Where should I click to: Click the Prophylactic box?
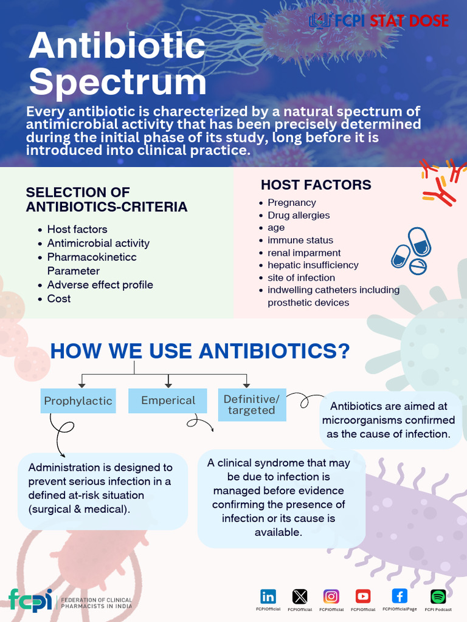click(78, 401)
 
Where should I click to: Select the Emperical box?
click(168, 400)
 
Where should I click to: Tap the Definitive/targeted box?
click(251, 405)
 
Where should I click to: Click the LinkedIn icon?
click(268, 596)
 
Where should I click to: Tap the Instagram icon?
click(331, 596)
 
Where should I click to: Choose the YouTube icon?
click(363, 596)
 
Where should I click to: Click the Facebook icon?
click(400, 596)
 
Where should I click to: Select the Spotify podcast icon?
click(438, 596)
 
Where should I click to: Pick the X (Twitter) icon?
click(300, 596)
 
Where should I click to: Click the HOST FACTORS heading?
click(316, 185)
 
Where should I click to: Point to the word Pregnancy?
click(292, 202)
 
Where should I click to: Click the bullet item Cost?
click(59, 298)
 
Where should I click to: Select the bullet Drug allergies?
click(299, 215)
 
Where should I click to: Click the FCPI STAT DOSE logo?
click(379, 21)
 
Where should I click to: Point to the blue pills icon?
click(412, 251)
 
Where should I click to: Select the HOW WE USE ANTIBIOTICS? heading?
click(199, 350)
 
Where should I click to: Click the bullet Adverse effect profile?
click(100, 284)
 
